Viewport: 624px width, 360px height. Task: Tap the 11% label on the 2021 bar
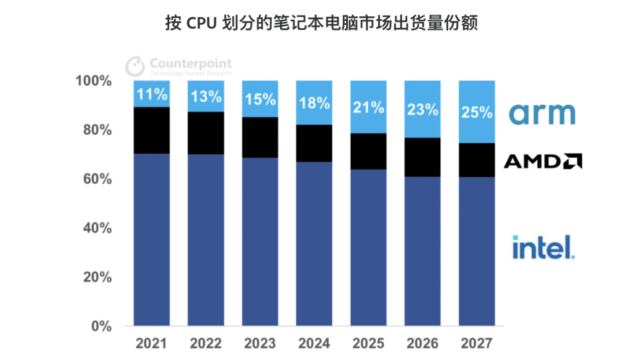(151, 94)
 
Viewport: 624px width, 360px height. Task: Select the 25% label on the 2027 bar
(477, 112)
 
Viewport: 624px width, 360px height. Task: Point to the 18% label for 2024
(314, 103)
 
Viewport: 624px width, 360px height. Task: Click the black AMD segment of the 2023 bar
(259, 138)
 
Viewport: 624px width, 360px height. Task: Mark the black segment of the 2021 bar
(151, 130)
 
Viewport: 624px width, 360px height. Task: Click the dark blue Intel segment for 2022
(206, 240)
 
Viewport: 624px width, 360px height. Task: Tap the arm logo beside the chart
(542, 114)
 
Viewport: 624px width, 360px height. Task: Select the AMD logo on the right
(542, 161)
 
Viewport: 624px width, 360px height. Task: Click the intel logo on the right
(543, 247)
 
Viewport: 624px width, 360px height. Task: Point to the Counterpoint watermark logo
(179, 66)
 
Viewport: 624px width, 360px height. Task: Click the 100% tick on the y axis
(93, 81)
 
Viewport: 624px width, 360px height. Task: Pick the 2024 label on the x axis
(314, 344)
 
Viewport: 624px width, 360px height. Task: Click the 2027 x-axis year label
(477, 344)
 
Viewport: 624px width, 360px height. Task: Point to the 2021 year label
(151, 344)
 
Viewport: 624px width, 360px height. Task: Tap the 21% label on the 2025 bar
(368, 107)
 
